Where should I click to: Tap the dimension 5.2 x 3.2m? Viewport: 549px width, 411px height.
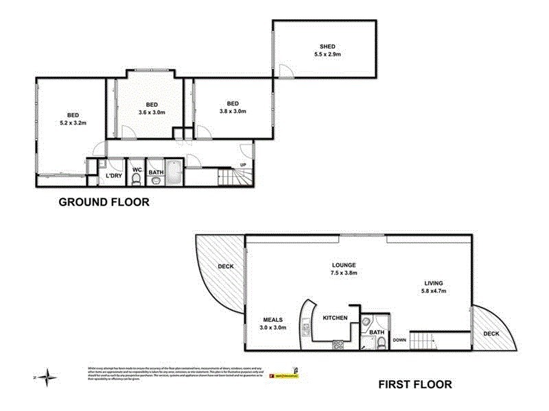[x=72, y=123]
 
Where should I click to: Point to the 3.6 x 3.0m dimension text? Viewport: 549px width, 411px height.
[x=151, y=112]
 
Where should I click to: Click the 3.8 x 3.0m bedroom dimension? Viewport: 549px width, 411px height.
[x=233, y=111]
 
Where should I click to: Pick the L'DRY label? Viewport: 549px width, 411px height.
[x=114, y=177]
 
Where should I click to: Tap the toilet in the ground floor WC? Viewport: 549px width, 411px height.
[x=137, y=180]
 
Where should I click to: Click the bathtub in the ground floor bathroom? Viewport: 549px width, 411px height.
[x=174, y=174]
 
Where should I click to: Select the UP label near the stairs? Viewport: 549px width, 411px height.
[x=243, y=164]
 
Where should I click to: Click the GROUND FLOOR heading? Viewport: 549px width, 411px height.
[x=104, y=202]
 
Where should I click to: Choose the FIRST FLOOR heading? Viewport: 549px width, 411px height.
[x=416, y=384]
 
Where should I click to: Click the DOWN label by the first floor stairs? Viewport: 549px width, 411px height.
[x=399, y=339]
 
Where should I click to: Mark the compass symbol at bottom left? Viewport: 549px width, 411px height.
[x=47, y=376]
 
